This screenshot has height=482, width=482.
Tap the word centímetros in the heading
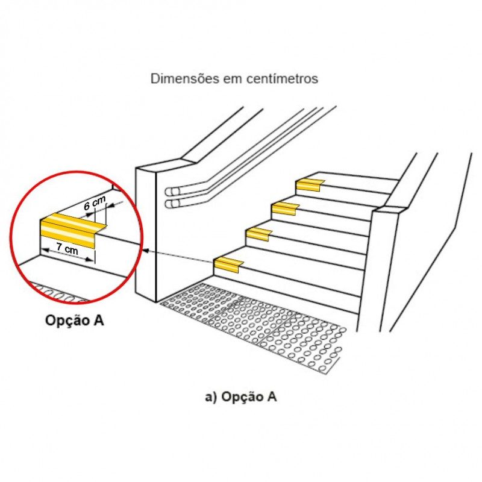tap(282, 79)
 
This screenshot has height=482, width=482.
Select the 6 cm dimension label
tap(95, 202)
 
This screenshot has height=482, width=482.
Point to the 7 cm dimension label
tap(67, 248)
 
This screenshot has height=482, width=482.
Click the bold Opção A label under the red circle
tap(74, 321)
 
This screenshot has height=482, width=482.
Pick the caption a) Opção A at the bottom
tap(240, 396)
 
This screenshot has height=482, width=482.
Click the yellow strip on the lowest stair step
tap(229, 264)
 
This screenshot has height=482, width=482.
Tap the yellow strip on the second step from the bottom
tap(259, 234)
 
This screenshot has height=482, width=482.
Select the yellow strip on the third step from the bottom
tap(285, 208)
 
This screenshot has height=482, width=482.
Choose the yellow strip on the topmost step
tap(310, 185)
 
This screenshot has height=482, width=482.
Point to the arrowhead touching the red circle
tap(146, 251)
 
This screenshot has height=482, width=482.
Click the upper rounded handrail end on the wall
tap(171, 192)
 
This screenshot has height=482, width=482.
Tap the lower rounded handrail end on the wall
tap(171, 204)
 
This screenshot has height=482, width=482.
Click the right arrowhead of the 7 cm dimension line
tap(89, 259)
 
